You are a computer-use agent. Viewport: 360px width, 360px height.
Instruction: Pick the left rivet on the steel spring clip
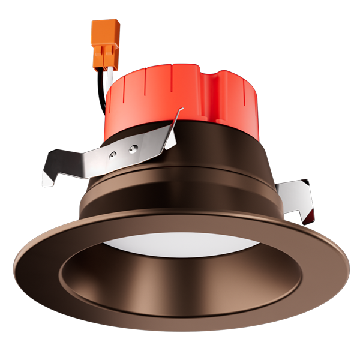tap(112, 155)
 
